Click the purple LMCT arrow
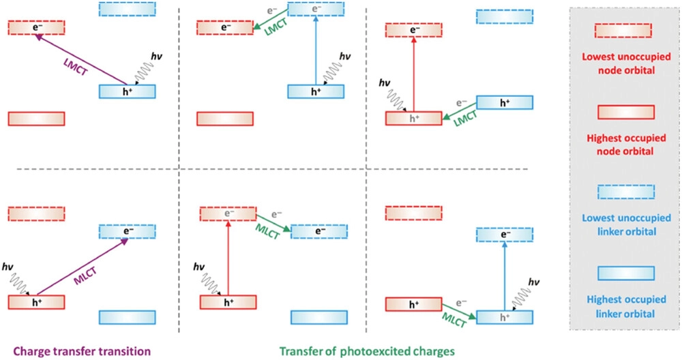[81, 59]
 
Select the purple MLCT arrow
[83, 267]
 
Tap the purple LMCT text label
[75, 65]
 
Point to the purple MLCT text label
[85, 276]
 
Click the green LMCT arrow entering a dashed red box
[271, 20]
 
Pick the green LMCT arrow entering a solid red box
[459, 111]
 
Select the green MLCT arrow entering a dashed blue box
[273, 223]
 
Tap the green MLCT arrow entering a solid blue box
[459, 312]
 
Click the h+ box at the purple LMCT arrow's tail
[128, 92]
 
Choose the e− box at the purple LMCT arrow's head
[37, 27]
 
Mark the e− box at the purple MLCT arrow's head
[128, 231]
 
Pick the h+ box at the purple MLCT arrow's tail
[37, 302]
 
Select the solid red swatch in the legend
[626, 112]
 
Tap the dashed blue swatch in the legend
[626, 192]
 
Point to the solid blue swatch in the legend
[626, 273]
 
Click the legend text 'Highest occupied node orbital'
[626, 145]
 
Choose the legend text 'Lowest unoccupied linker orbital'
[626, 225]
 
